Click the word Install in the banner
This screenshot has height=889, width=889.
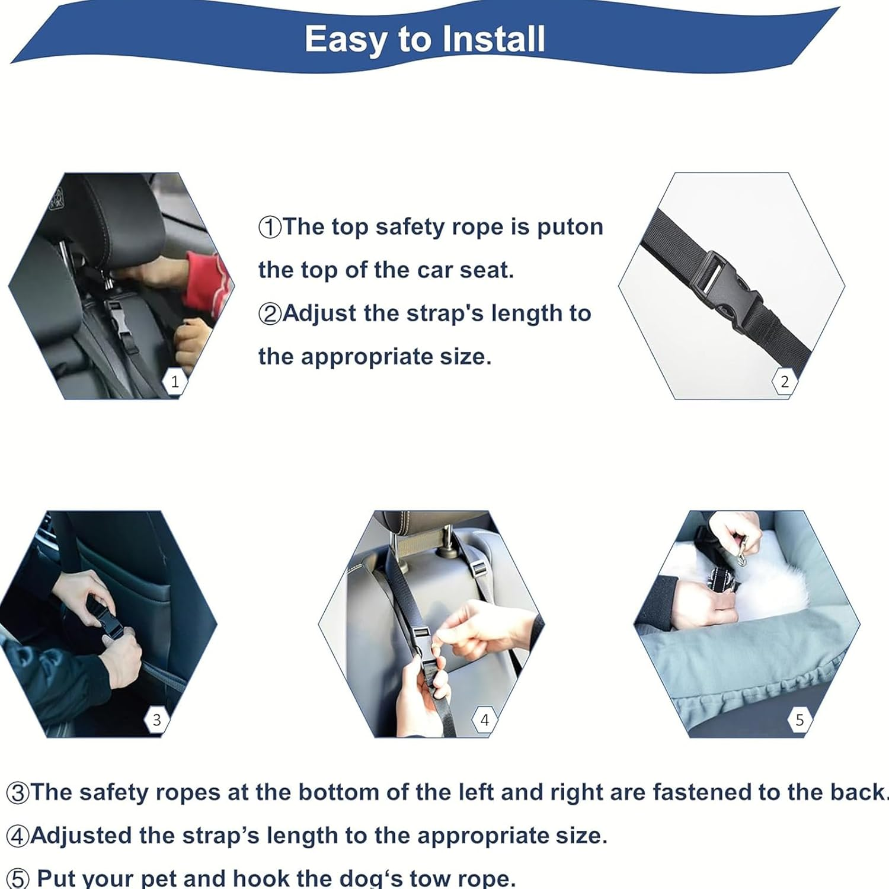(494, 39)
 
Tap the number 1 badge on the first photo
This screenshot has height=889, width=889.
(174, 382)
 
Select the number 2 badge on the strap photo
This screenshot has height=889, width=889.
(785, 382)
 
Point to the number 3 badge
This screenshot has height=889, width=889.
(156, 720)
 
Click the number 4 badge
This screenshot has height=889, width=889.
(485, 720)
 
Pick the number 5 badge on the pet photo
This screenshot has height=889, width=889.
(800, 720)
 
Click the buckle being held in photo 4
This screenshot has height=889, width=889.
(424, 646)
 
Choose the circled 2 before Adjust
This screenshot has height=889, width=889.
(270, 314)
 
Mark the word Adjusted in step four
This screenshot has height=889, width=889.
(81, 836)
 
